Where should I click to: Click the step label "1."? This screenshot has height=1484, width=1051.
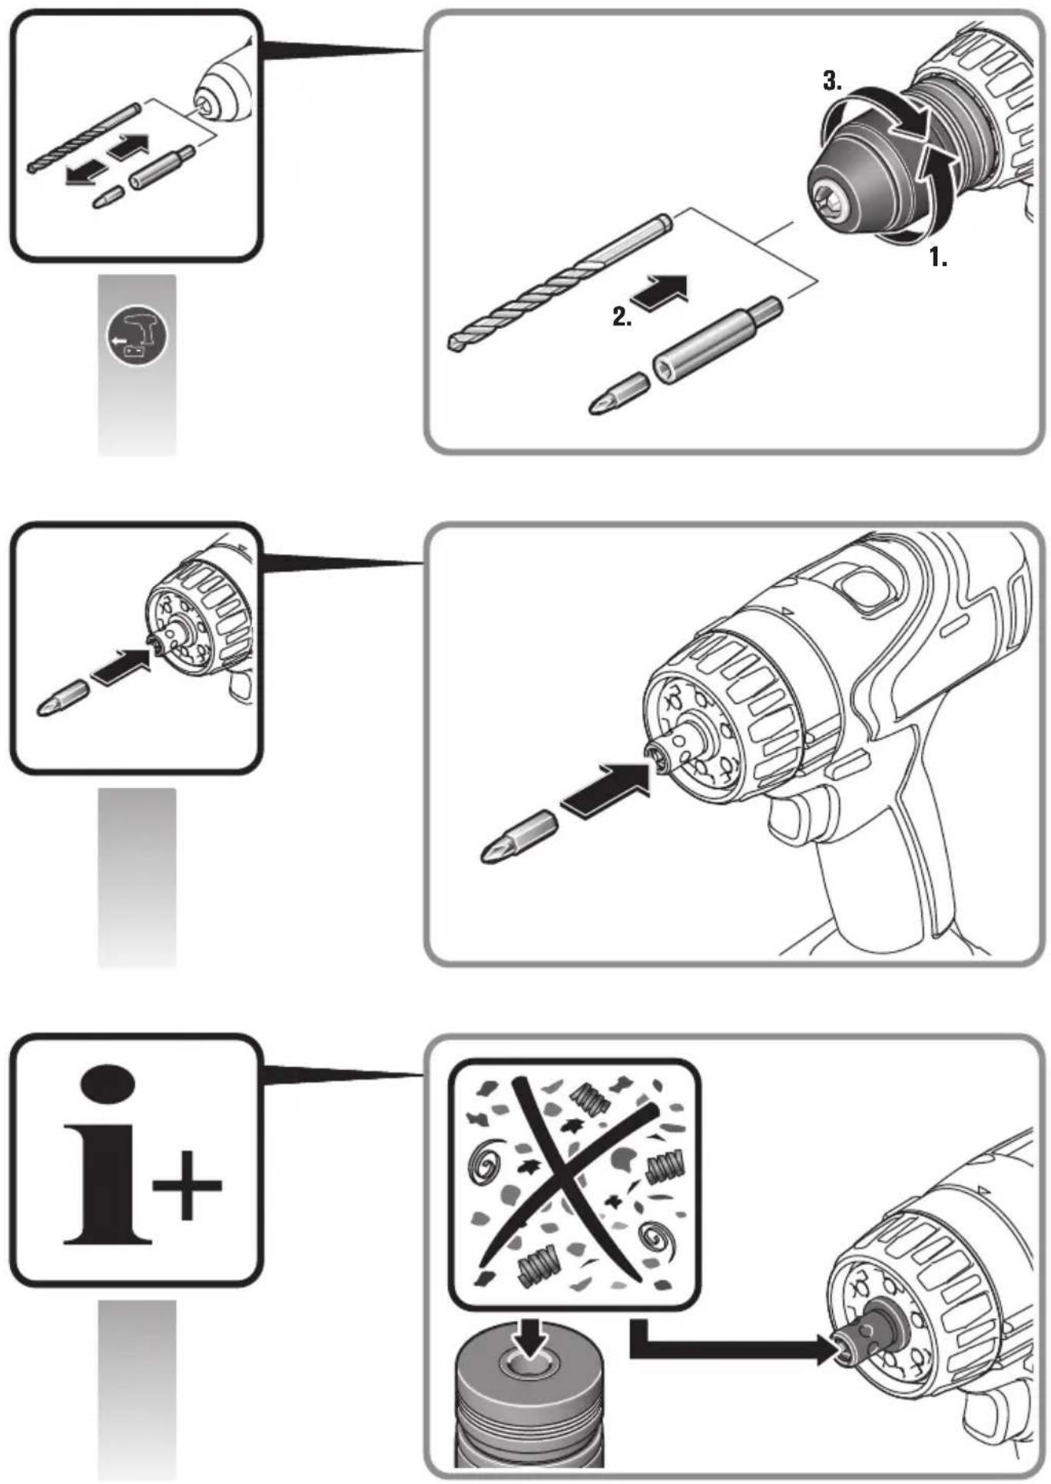938,257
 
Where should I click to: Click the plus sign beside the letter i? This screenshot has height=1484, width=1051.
187,1185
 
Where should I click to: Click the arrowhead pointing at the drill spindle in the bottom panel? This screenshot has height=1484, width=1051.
825,1349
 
